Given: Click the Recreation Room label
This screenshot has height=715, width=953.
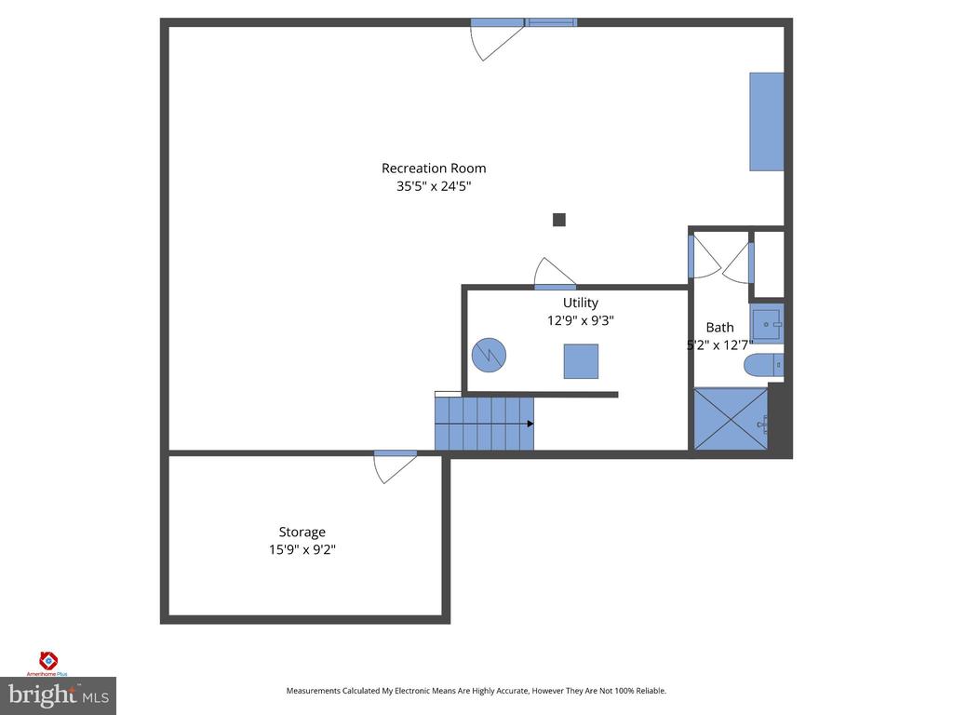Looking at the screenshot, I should (x=434, y=169).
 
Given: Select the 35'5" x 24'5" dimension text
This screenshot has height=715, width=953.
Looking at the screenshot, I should (x=434, y=186).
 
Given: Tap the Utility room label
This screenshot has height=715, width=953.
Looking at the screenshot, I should (x=581, y=303).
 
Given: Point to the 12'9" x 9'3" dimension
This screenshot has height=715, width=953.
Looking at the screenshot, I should (x=581, y=320).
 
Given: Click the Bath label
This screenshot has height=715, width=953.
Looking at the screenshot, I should (x=719, y=327).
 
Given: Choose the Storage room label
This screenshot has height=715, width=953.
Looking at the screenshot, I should (x=302, y=533).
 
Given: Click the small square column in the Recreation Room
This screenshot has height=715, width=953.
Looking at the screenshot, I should (x=559, y=220).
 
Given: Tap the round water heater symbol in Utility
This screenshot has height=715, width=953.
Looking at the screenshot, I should (x=490, y=353).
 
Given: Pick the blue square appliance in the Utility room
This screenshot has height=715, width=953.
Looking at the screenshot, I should (x=581, y=361).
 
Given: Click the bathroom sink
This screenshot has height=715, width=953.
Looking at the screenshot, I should (x=767, y=324).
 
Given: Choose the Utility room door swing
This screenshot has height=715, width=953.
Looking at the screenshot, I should (x=555, y=274).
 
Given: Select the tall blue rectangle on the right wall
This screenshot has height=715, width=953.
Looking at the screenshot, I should (x=767, y=122).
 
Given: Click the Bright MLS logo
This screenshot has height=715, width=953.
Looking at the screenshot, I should (x=58, y=695).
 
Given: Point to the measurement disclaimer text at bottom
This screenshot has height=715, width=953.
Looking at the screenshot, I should (x=476, y=691).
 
